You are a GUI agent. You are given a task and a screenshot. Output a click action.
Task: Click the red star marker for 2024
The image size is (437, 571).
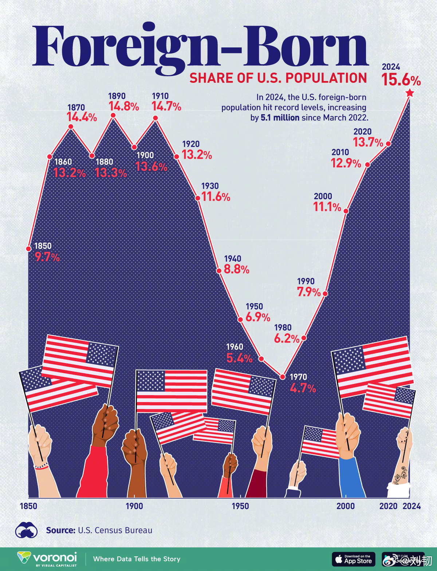point(410,93)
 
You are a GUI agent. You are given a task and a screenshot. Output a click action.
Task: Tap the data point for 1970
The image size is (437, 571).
point(282,377)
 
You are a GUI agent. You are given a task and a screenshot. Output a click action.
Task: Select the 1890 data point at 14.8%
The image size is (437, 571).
point(113,115)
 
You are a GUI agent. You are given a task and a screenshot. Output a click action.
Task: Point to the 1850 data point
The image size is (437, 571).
point(28,248)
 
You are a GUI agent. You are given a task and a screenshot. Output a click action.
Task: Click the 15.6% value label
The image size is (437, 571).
point(401,80)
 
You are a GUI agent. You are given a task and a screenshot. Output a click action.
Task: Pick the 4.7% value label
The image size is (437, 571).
point(303,388)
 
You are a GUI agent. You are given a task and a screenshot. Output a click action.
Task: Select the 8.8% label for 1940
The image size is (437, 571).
point(236,270)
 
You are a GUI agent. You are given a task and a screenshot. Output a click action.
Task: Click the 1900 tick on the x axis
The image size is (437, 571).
point(134,506)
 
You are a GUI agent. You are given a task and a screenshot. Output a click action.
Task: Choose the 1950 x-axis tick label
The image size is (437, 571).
point(240,506)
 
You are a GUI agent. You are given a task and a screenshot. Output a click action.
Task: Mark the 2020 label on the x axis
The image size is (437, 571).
point(388,506)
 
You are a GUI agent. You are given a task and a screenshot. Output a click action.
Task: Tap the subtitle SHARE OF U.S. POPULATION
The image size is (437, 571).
point(278,78)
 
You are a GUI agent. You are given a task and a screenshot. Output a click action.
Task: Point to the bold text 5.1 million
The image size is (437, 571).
point(280,118)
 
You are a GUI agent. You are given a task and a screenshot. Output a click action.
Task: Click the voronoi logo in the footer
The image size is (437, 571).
point(47,559)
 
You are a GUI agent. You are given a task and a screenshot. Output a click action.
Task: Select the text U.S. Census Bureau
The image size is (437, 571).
point(115,530)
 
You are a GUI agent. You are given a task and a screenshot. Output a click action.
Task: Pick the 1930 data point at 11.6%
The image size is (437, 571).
point(198,198)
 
